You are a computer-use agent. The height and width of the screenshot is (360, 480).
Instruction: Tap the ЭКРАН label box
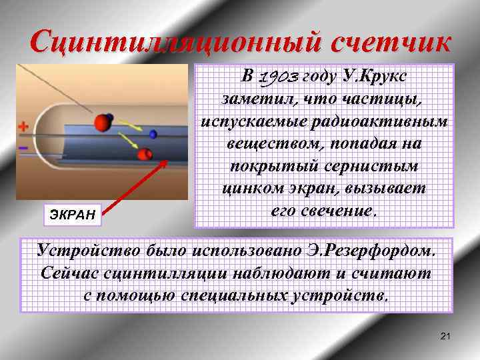[73, 213]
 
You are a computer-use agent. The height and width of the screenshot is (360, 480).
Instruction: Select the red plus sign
[24, 125]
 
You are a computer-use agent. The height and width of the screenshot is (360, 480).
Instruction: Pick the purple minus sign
[23, 146]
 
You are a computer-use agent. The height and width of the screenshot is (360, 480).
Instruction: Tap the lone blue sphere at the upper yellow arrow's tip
[153, 134]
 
